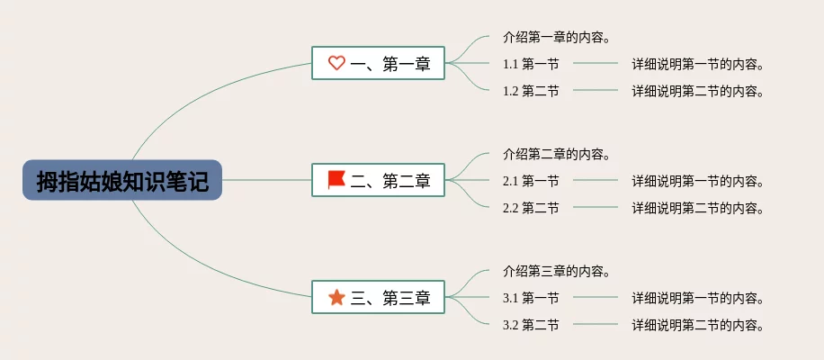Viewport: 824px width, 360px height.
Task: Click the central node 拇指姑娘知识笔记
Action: click(122, 180)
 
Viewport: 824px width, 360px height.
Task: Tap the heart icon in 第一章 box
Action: click(336, 63)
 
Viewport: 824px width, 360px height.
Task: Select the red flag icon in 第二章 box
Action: click(336, 180)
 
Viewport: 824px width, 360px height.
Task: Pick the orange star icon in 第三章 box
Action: click(336, 298)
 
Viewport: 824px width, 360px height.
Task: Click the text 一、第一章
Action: click(390, 64)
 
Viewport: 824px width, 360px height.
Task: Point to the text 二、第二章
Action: click(390, 180)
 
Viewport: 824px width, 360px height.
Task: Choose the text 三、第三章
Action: click(390, 298)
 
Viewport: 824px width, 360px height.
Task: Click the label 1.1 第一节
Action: click(531, 64)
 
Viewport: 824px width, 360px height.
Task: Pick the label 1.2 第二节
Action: click(531, 92)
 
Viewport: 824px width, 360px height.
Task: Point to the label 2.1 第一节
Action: click(531, 181)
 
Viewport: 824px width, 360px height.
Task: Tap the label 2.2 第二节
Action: click(531, 209)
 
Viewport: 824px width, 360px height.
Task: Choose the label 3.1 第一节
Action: click(531, 299)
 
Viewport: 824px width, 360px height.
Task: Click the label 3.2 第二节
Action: click(531, 326)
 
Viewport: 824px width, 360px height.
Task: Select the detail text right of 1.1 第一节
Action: click(697, 65)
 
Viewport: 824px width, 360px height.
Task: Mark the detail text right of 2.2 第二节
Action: click(697, 209)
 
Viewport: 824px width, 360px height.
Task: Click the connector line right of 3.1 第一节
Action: click(596, 298)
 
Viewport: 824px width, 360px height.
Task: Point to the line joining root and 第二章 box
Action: click(267, 180)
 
